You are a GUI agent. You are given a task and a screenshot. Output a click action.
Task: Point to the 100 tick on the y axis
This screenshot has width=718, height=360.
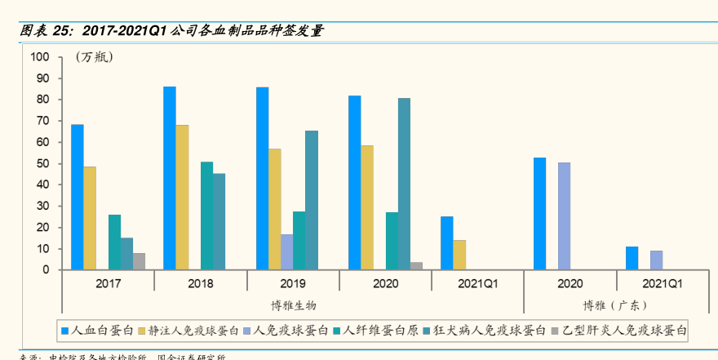40,57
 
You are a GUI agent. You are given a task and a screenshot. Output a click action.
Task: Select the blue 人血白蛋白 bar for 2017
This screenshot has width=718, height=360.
77,197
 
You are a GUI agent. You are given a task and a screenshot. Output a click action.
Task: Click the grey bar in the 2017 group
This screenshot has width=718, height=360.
139,261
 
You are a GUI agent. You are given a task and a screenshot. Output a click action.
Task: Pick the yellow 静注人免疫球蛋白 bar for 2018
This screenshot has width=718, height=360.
182,197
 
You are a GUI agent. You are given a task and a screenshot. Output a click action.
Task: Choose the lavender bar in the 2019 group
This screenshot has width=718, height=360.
286,251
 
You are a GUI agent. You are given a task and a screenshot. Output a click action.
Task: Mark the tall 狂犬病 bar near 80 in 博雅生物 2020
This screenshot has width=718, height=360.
404,184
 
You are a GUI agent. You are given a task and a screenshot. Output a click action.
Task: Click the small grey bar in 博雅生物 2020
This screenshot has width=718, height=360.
416,265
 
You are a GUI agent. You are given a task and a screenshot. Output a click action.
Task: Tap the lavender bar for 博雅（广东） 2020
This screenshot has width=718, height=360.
564,216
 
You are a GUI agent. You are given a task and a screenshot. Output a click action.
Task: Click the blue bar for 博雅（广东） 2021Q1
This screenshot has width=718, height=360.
632,258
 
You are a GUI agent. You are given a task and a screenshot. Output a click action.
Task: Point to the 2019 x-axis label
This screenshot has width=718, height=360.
293,284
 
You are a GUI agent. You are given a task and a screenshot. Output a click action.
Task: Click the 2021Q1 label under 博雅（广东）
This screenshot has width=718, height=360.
663,284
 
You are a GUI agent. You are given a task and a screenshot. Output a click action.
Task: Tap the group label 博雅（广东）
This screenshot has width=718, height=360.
615,305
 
